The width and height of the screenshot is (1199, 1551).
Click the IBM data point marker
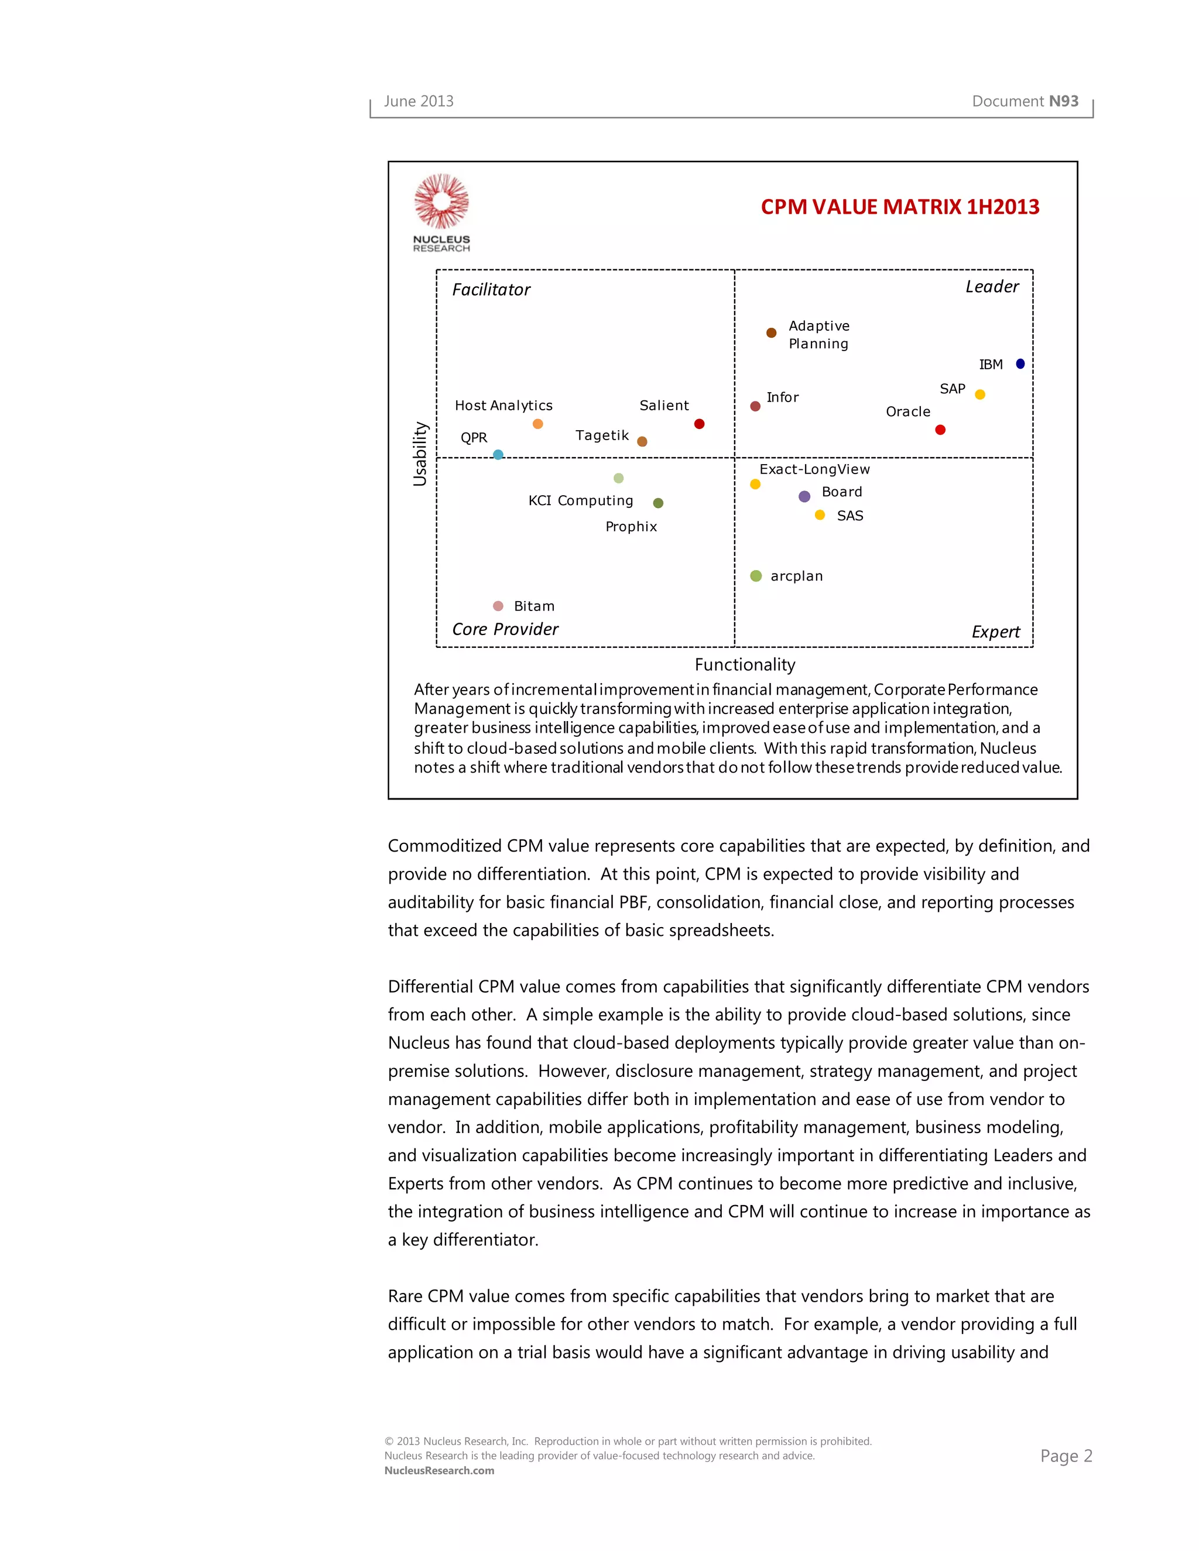point(1020,363)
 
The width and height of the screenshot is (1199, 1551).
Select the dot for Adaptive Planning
point(772,332)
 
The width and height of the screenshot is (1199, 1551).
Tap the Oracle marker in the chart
point(940,430)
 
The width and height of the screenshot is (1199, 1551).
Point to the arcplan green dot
point(756,576)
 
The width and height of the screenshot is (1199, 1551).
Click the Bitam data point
point(498,606)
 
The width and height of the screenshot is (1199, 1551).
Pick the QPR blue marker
point(498,455)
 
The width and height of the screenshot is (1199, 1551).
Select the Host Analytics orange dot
point(537,424)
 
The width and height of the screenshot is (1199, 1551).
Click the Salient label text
point(663,406)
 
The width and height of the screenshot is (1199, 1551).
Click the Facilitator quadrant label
point(491,290)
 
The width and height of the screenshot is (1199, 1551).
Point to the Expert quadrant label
point(995,632)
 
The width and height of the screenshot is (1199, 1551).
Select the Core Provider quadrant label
point(505,629)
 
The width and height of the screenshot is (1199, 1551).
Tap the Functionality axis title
point(745,665)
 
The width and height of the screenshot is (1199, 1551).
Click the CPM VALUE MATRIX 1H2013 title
point(899,207)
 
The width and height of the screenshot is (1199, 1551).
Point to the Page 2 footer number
point(1066,1456)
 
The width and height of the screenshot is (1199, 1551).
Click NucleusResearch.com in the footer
point(439,1471)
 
